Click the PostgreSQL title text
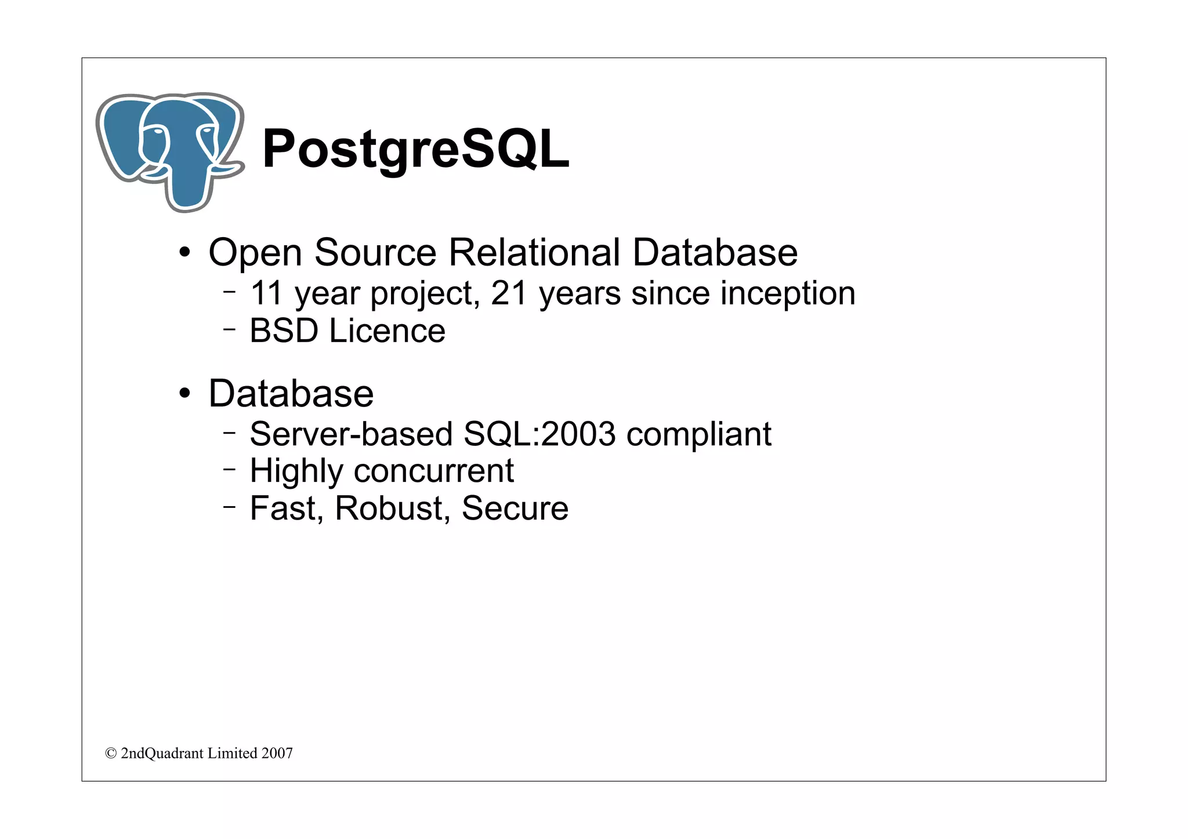coord(415,149)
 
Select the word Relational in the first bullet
coord(534,253)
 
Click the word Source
coord(375,253)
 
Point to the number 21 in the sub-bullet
coord(509,293)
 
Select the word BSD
coord(284,331)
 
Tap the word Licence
coord(387,331)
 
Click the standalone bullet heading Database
coord(291,394)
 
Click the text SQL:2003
coord(539,434)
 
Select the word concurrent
coord(433,471)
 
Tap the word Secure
coord(515,509)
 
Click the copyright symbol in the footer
coord(111,754)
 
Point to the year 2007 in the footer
coord(277,754)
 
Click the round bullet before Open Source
coord(184,253)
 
